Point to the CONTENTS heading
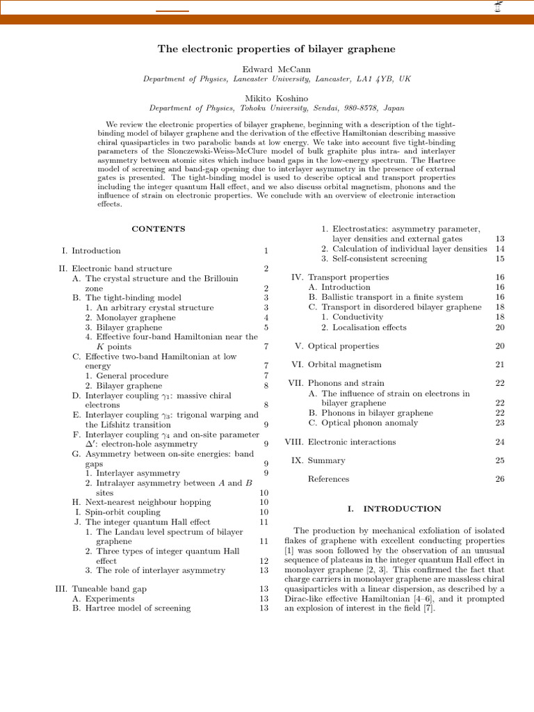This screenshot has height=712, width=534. point(159,228)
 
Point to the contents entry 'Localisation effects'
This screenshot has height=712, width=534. point(369,327)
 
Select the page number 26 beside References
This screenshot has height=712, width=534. point(499,478)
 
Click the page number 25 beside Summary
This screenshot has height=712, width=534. point(499,460)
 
